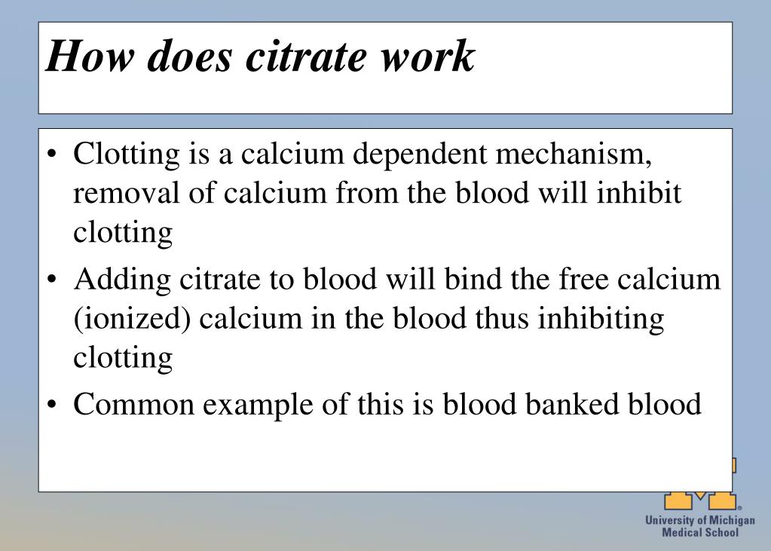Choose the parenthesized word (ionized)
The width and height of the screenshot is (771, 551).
[x=126, y=319]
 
